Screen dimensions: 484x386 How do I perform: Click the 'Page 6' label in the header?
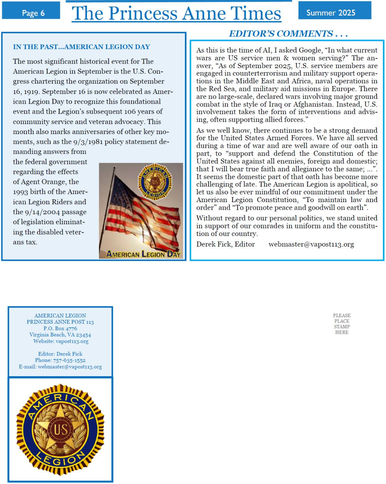tap(33, 13)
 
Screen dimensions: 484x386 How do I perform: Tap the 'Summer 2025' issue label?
tap(331, 13)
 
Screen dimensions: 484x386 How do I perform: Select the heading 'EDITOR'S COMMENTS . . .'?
tap(288, 34)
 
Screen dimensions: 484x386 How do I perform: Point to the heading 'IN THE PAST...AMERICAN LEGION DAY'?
tap(81, 47)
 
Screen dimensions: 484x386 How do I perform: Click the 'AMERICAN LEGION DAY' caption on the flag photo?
tap(143, 254)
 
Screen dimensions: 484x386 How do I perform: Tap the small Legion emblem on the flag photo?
tap(155, 182)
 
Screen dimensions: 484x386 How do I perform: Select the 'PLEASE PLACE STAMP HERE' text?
tap(342, 324)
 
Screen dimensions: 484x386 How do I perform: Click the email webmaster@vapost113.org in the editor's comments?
tap(311, 244)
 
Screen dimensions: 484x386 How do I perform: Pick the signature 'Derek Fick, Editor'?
tap(226, 244)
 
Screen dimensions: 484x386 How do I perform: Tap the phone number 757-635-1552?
tap(69, 360)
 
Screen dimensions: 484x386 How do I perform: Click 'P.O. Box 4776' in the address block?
tap(60, 328)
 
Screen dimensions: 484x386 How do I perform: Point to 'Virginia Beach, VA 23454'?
tap(60, 335)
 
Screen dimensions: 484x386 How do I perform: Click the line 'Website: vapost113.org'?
tap(61, 341)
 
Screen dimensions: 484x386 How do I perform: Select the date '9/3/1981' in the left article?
tap(88, 142)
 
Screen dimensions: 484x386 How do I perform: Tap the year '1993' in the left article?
tap(20, 192)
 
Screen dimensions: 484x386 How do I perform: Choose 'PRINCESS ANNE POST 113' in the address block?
tap(60, 322)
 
